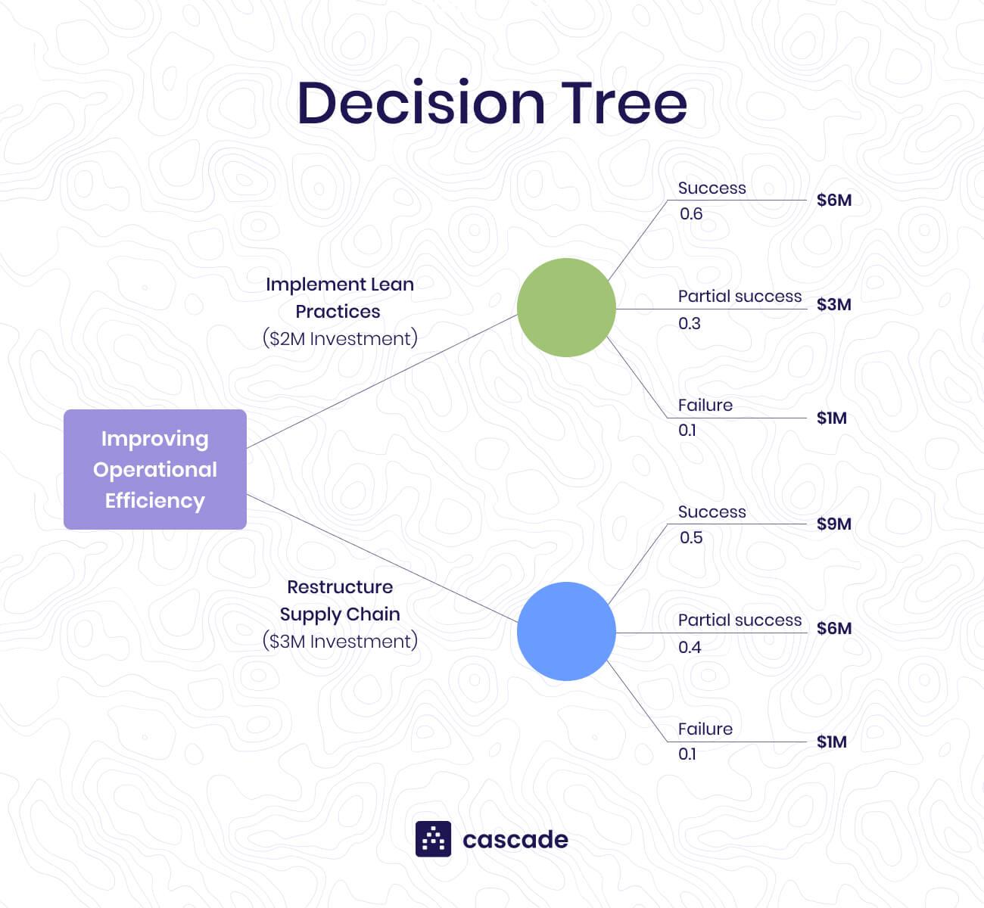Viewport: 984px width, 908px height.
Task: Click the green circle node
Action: pos(566,307)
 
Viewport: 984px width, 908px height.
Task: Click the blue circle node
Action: pos(566,631)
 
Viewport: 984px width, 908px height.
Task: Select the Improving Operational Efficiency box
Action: pos(155,469)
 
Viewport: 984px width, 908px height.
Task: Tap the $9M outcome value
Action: pos(834,524)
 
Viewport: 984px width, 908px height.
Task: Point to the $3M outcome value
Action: pos(834,304)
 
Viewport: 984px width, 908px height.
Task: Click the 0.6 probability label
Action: pos(691,214)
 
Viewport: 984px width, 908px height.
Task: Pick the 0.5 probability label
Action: pos(691,538)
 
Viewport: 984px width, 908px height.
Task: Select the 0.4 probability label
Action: pos(690,648)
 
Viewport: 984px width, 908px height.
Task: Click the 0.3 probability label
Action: pos(690,324)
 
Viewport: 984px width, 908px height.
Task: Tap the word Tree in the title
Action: pos(624,103)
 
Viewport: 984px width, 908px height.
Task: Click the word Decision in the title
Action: pos(421,103)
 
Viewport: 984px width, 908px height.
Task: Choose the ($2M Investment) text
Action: pos(340,338)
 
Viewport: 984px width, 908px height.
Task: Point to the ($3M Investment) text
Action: pos(340,641)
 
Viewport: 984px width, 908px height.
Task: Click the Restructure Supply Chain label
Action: pos(340,600)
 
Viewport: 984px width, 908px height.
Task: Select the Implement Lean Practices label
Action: pos(340,297)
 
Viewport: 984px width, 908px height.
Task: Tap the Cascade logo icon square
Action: pos(433,839)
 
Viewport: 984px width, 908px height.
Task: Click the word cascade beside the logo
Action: pos(515,840)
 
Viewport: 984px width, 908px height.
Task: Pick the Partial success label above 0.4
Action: pos(740,620)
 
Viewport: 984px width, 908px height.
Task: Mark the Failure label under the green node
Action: pos(705,406)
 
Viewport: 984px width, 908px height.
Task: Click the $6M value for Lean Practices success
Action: pos(834,200)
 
